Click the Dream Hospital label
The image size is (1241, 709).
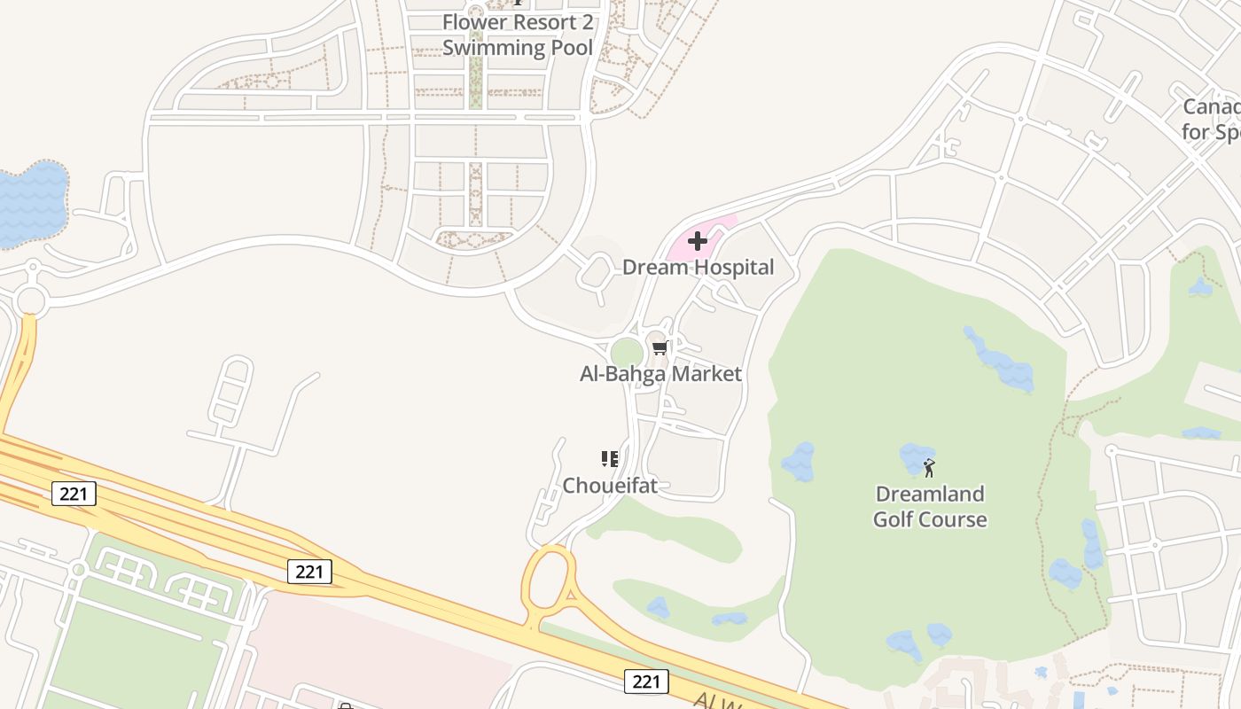(x=698, y=267)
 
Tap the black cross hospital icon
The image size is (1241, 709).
(x=698, y=240)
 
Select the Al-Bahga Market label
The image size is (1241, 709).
(x=660, y=374)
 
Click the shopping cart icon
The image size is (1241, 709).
(x=659, y=348)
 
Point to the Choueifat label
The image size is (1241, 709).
(x=610, y=485)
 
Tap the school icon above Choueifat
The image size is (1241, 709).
(x=610, y=458)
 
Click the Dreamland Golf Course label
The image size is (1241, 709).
(x=930, y=506)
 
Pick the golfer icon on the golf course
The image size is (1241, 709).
(x=929, y=467)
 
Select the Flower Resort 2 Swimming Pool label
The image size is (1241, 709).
(x=518, y=35)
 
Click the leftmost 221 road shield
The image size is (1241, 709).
(x=74, y=494)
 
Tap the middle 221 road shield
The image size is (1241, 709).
(x=309, y=572)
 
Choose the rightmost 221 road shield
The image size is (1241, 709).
(x=646, y=681)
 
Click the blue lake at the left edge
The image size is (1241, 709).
(x=31, y=204)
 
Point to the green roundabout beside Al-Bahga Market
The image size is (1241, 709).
(x=627, y=353)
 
